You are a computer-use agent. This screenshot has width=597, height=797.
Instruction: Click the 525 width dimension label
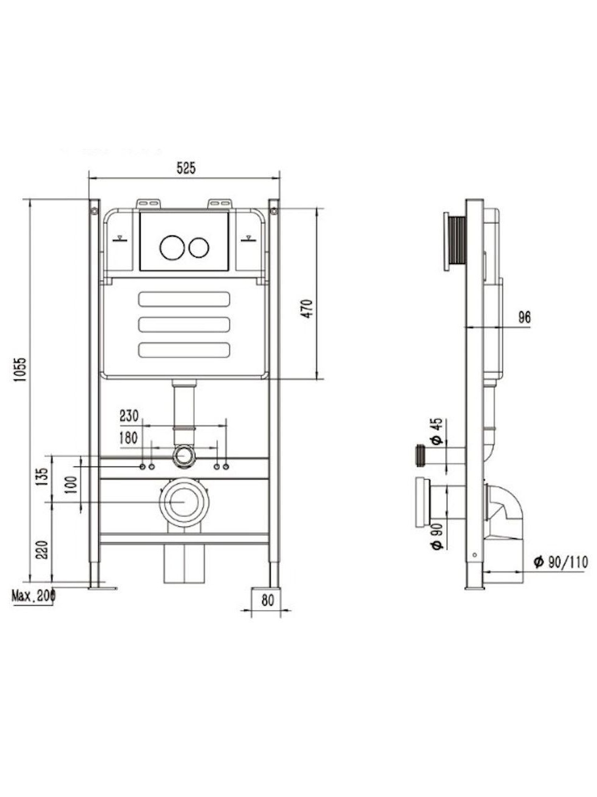pyautogui.click(x=186, y=168)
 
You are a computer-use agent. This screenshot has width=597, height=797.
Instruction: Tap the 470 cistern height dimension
pyautogui.click(x=307, y=308)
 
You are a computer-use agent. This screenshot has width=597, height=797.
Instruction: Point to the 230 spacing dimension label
pyautogui.click(x=129, y=416)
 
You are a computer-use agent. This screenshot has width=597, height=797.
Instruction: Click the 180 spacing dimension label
pyautogui.click(x=129, y=438)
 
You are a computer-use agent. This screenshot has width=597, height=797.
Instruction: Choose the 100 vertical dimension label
pyautogui.click(x=72, y=484)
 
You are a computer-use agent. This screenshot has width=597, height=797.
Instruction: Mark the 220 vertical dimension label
pyautogui.click(x=42, y=550)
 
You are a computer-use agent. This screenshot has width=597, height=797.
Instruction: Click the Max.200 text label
pyautogui.click(x=33, y=596)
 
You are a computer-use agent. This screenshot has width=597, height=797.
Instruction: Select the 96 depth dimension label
pyautogui.click(x=524, y=318)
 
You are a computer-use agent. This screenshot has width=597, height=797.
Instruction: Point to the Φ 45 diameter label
pyautogui.click(x=438, y=431)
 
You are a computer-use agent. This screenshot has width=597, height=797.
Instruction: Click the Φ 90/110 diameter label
pyautogui.click(x=560, y=562)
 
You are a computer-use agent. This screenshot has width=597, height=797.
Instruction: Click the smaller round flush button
pyautogui.click(x=198, y=247)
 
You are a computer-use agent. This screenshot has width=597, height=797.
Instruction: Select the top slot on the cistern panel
pyautogui.click(x=184, y=299)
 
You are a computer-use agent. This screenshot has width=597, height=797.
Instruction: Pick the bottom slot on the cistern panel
pyautogui.click(x=184, y=349)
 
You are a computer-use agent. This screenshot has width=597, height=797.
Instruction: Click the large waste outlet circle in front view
pyautogui.click(x=184, y=502)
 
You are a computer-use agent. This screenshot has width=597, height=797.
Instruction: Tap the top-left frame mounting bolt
pyautogui.click(x=94, y=210)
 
